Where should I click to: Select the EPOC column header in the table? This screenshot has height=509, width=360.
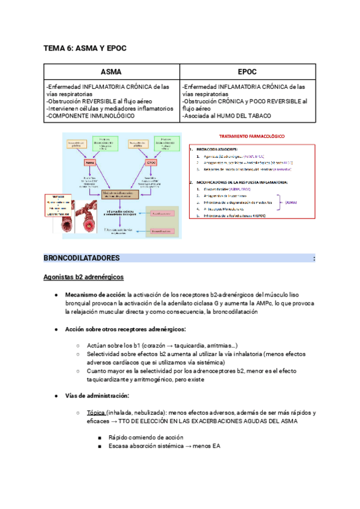pyautogui.click(x=247, y=71)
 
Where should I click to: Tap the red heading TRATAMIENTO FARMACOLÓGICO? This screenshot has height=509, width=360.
pyautogui.click(x=252, y=137)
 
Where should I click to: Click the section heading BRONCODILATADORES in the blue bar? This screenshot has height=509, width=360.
pyautogui.click(x=82, y=258)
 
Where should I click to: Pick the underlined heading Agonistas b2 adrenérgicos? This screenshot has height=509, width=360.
pyautogui.click(x=83, y=277)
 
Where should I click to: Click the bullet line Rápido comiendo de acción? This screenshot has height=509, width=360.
pyautogui.click(x=146, y=438)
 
